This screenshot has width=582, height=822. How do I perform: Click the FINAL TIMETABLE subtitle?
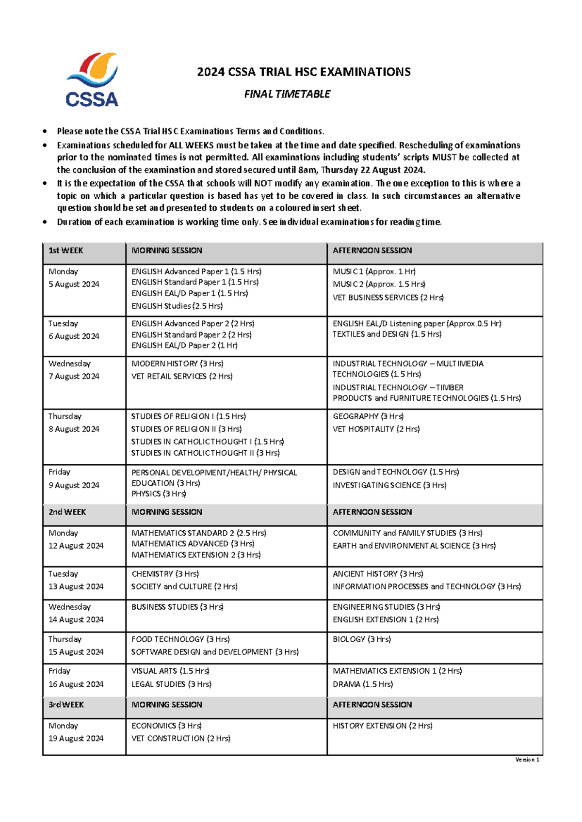(x=287, y=94)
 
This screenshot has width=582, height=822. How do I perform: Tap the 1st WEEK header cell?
(x=66, y=251)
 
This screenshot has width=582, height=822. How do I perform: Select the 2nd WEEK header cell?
(x=67, y=512)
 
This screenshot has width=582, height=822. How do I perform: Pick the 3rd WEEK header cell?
(x=66, y=704)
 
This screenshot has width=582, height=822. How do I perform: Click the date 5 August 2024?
(x=74, y=285)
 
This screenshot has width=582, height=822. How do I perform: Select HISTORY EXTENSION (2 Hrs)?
(x=383, y=726)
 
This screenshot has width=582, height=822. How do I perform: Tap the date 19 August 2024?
(x=76, y=739)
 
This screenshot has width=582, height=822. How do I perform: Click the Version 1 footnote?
(x=527, y=759)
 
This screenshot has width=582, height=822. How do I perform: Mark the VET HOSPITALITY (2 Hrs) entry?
(x=376, y=429)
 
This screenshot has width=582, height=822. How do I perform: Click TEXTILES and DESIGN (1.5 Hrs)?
(x=387, y=334)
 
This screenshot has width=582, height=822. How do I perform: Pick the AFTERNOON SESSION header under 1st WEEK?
(x=372, y=251)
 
